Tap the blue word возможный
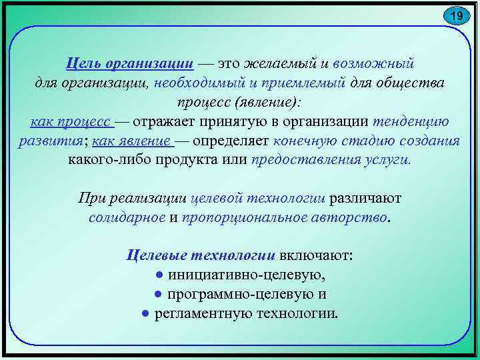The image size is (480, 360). (x=373, y=63)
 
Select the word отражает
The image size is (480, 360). (x=167, y=122)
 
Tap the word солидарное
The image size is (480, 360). (x=127, y=217)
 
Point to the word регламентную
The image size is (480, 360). (x=198, y=313)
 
